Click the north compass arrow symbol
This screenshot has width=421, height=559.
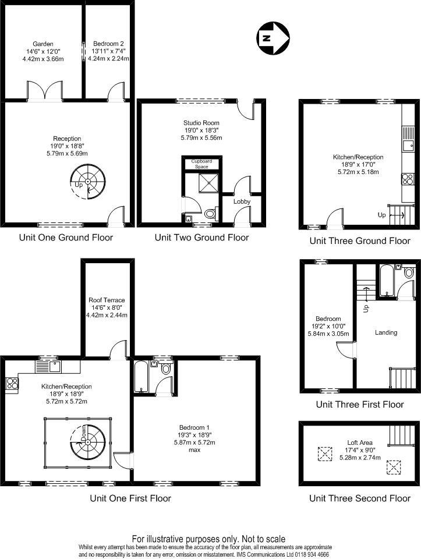(x=273, y=38)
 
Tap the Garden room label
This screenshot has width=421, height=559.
(x=43, y=44)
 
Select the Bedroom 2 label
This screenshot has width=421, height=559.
(x=108, y=44)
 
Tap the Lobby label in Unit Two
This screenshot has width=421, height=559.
(x=242, y=201)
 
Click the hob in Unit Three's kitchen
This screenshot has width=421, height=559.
(x=406, y=179)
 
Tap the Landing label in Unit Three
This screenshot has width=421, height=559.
(x=386, y=332)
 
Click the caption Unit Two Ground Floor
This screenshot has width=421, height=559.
(x=201, y=238)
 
